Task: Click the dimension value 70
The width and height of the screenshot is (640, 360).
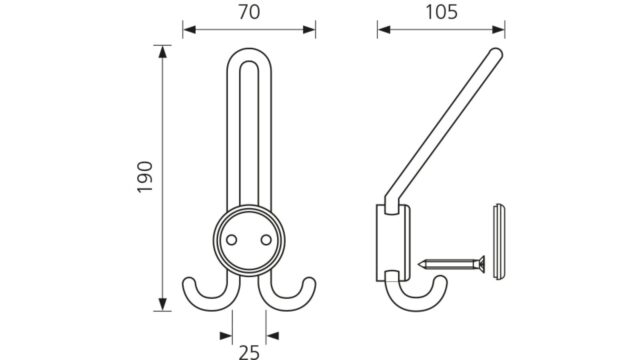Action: pos(249,12)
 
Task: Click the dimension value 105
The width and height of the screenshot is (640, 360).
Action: pos(442,12)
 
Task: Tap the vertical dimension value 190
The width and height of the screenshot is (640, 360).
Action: pos(145,177)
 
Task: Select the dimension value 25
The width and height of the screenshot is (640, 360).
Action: pos(249,352)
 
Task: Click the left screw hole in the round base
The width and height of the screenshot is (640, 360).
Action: pos(231,240)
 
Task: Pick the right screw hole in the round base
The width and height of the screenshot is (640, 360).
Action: pos(266,240)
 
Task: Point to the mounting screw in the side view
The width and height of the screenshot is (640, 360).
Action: pos(451,264)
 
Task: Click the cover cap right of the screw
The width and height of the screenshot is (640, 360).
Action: pos(499,242)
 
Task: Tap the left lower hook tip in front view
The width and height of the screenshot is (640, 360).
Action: pos(188,282)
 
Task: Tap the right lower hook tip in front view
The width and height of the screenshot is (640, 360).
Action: pos(310,282)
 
